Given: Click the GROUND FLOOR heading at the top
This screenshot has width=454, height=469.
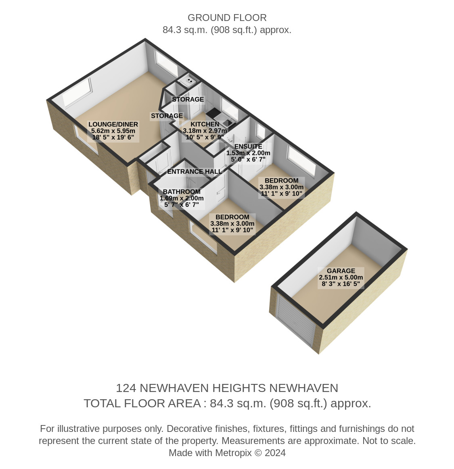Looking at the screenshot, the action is pos(227,18).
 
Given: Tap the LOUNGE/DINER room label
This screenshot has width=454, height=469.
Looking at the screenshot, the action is pos(113,125).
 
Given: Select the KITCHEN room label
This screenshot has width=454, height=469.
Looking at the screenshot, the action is pos(205,124).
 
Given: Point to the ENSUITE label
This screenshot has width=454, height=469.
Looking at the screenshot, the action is pos(248,146).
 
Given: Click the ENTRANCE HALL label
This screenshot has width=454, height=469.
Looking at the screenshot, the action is pos(195,172).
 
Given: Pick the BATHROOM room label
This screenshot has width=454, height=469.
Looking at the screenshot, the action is pos(182,192).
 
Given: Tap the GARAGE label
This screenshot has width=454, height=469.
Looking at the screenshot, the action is pos(341,271).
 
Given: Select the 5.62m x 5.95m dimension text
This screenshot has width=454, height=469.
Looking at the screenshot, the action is pos(113,131).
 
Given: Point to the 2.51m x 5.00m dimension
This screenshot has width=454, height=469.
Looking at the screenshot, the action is pos(341,277).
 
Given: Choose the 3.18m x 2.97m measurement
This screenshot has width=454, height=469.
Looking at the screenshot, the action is pos(205,131).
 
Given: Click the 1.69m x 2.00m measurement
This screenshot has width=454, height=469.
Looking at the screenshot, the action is pos(182,198).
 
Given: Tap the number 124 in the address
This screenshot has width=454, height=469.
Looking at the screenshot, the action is pos(126,388).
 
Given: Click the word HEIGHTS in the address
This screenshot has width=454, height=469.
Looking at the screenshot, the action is pos(239,388).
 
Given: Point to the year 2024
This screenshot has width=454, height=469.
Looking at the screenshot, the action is pos(275,453).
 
